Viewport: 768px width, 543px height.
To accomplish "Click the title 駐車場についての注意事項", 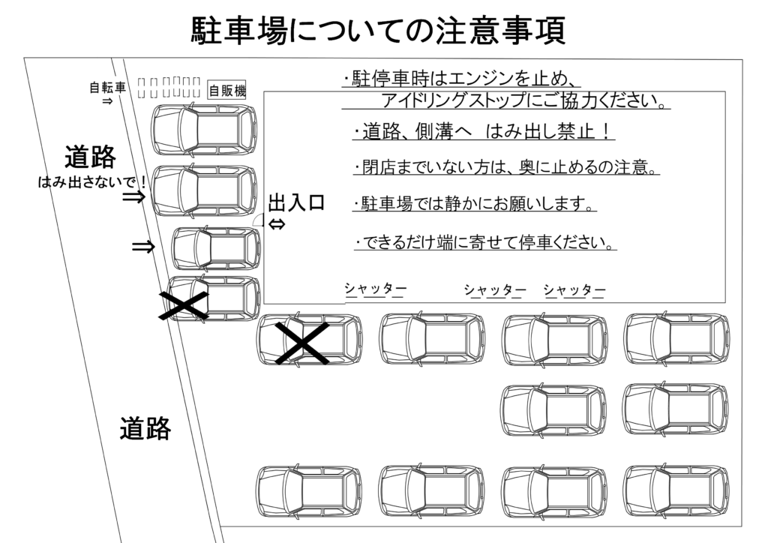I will point(379,31).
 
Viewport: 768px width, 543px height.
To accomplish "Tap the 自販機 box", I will point(226,91).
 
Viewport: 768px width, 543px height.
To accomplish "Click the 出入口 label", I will point(296,203).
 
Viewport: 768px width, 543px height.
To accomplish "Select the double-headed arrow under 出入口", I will point(277,224).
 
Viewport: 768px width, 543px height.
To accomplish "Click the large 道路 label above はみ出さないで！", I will point(90,157).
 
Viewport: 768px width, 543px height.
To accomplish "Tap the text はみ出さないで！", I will point(92,181).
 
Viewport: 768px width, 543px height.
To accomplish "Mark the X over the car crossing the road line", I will point(183,305).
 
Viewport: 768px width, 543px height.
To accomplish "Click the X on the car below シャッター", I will point(301,343).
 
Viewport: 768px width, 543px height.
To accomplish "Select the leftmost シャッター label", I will point(375,289).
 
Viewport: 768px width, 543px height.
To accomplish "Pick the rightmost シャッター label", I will point(574,289).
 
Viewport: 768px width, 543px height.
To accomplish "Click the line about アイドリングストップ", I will point(525,100).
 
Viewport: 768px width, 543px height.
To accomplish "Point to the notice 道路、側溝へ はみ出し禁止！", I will point(484,133).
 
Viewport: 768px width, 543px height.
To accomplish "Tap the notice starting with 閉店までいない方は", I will point(506,167).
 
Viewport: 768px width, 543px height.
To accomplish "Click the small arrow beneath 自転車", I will point(107,100).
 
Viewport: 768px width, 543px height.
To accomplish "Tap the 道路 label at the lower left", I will point(145,429).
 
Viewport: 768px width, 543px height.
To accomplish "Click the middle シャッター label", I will point(494,289).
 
